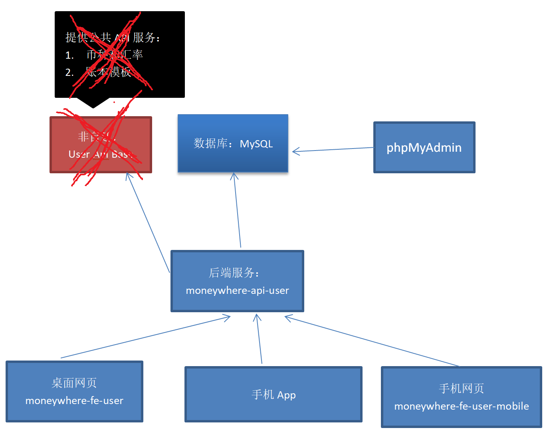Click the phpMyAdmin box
coord(424,147)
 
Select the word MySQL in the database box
coord(256,144)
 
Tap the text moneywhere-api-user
coord(237,290)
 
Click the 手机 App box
coord(273,394)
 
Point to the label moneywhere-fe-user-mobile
coord(462,406)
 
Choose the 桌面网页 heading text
coord(74,383)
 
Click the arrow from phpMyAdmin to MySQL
coord(333,150)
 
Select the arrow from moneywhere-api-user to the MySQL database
coord(238,210)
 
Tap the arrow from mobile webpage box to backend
coord(371,341)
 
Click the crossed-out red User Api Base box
coord(101,145)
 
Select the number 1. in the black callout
coord(69,55)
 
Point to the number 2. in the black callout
coord(69,72)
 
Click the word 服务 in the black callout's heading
coord(144,38)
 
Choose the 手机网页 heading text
coord(462,388)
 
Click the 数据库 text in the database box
coord(210,143)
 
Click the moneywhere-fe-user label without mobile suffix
coord(74,400)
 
